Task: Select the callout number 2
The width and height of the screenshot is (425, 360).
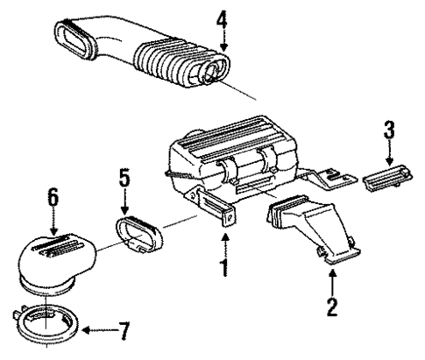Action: [332, 307]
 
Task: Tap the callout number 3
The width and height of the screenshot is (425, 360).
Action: [390, 133]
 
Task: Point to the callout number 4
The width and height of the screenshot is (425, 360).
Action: [223, 17]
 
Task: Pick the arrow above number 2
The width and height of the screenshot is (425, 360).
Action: [332, 279]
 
